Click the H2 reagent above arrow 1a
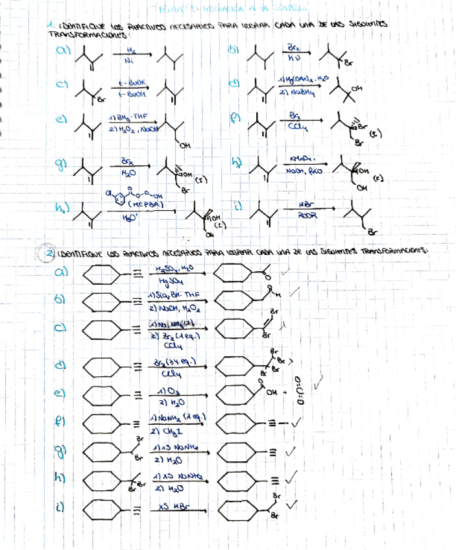[x=129, y=50]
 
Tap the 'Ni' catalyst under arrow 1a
[x=128, y=62]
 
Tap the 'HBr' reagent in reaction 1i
[x=298, y=204]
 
